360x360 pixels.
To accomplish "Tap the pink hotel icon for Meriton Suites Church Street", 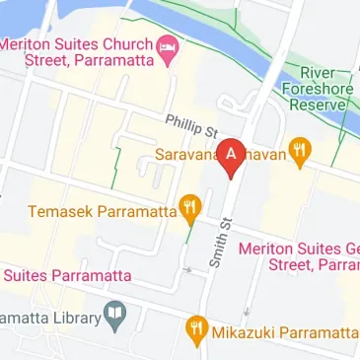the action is [x=169, y=46].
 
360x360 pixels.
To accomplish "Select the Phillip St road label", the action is [x=190, y=124].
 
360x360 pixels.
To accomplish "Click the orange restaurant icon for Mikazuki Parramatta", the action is [x=196, y=329].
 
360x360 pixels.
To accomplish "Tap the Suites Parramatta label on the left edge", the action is [x=59, y=273].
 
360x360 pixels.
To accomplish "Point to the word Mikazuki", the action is [x=243, y=331].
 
